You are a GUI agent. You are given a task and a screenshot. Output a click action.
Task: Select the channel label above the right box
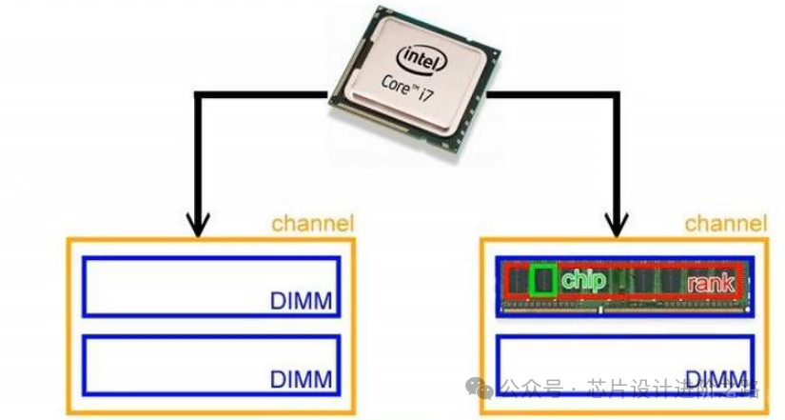point(726,224)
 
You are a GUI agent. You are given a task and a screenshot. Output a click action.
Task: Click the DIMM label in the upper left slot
point(302,302)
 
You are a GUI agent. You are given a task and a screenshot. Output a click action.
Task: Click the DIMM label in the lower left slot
point(302,379)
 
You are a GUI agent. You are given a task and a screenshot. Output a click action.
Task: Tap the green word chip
point(582,280)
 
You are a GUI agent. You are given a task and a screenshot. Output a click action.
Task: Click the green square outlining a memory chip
point(541,280)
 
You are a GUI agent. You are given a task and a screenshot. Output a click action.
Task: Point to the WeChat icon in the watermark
point(483,389)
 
